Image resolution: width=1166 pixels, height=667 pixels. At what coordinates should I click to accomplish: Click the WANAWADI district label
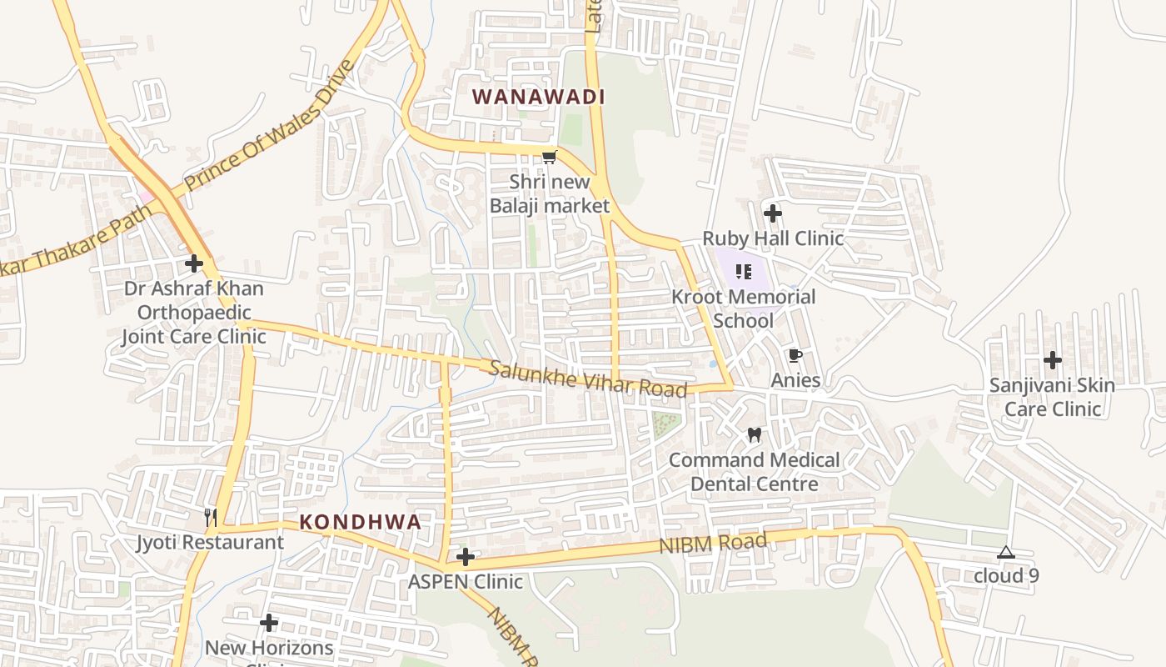538,97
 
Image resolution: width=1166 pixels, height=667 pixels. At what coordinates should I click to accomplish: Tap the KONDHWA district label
360,523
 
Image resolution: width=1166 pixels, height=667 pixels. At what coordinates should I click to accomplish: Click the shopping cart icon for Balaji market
549,158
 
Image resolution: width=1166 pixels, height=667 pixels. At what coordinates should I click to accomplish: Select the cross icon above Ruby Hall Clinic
773,213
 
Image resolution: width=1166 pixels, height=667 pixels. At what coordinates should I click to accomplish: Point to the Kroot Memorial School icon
744,272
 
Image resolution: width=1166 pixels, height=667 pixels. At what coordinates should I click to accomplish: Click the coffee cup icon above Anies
795,356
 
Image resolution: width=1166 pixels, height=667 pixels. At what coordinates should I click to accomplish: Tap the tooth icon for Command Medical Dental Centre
755,434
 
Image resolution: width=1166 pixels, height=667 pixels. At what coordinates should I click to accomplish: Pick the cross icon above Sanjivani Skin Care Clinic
1053,360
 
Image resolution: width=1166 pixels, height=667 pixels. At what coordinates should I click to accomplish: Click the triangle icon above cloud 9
1006,552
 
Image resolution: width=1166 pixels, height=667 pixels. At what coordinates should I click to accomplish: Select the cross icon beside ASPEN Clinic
466,557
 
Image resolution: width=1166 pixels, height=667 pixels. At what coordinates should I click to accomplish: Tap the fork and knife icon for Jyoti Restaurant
211,518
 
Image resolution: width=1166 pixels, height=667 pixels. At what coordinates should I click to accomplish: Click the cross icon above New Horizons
269,623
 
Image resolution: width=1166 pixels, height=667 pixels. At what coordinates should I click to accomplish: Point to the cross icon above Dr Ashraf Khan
194,264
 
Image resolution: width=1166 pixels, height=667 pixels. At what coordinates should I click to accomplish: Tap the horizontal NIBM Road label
713,544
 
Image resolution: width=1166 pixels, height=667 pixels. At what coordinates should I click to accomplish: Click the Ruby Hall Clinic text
773,238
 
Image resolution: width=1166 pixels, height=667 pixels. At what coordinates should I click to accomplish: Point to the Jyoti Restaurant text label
210,542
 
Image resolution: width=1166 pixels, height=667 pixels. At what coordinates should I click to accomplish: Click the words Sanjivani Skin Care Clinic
1053,397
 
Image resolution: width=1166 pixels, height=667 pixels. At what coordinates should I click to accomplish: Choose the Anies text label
795,380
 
